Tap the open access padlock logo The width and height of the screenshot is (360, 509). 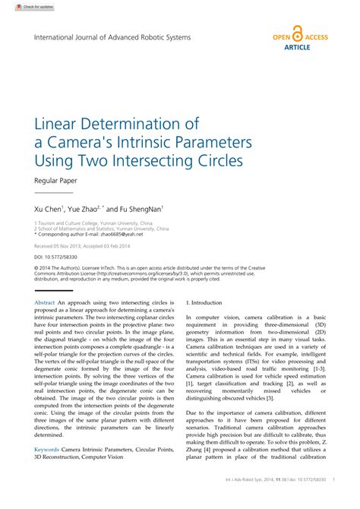[x=297, y=36]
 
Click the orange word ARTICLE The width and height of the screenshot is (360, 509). [x=297, y=47]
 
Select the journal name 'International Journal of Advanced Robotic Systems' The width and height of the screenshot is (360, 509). [x=112, y=36]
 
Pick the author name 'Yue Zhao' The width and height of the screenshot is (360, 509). [x=84, y=207]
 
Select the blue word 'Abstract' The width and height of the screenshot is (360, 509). [x=46, y=302]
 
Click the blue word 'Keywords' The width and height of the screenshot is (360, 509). [x=47, y=449]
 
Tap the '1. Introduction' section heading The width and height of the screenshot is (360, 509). [x=204, y=302]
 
